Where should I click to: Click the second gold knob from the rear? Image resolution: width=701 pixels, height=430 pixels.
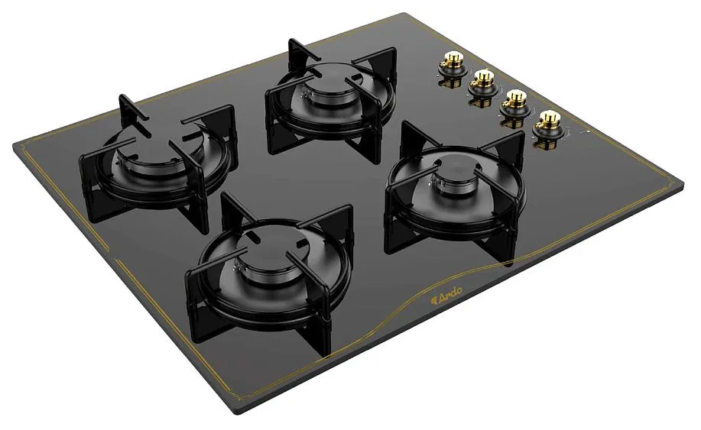pyautogui.click(x=482, y=79)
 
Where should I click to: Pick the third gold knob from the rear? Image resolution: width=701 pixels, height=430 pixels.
pyautogui.click(x=514, y=99)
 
